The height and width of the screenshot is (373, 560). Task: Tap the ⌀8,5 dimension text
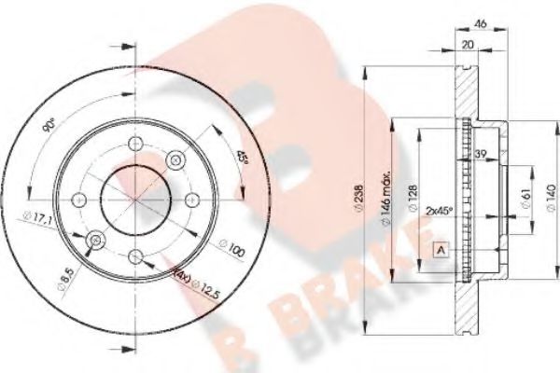62,275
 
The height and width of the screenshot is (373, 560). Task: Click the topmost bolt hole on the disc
135,145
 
